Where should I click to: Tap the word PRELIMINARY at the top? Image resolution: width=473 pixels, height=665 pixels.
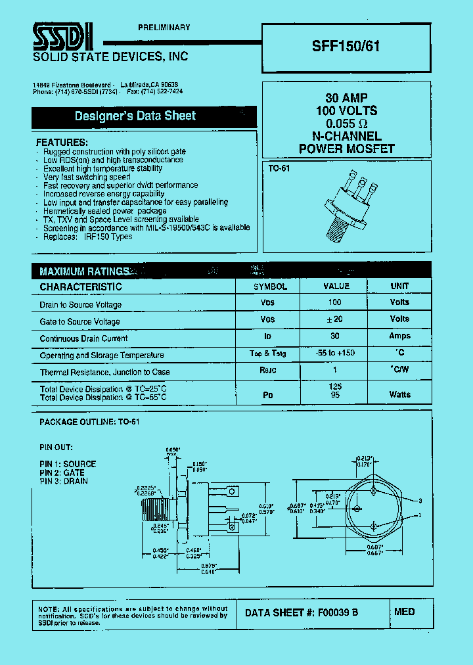[x=164, y=28]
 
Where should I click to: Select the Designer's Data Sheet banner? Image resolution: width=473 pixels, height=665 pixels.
[x=135, y=116]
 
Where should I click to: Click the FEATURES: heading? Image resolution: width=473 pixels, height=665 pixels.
[x=62, y=143]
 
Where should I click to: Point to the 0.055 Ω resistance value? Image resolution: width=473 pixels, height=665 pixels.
[x=346, y=124]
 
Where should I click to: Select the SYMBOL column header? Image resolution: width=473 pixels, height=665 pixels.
[x=270, y=287]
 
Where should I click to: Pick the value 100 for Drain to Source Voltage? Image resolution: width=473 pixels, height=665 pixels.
[x=335, y=302]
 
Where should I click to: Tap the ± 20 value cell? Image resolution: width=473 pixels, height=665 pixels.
[x=335, y=319]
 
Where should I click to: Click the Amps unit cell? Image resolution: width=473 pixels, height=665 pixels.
[x=399, y=336]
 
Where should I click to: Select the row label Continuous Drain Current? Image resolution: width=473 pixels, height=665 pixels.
[x=83, y=338]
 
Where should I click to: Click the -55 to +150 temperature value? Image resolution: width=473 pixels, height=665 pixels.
[x=335, y=353]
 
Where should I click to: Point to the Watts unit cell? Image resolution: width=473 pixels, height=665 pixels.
[x=399, y=394]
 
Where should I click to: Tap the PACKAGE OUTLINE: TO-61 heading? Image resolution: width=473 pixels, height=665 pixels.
[x=89, y=422]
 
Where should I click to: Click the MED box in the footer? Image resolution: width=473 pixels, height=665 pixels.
[x=405, y=612]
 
